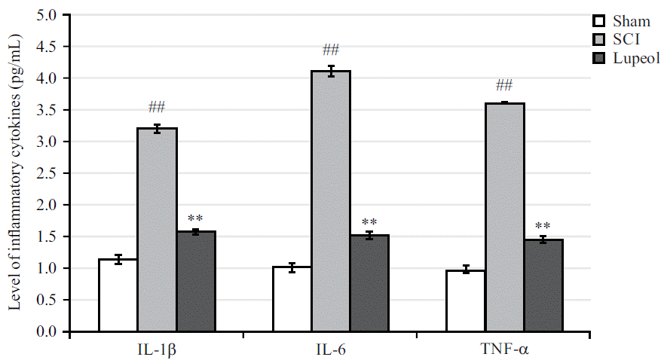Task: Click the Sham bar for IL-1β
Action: (x=118, y=295)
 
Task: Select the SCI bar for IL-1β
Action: (x=157, y=230)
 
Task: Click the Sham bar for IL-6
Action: (x=292, y=299)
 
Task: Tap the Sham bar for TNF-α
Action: (x=465, y=301)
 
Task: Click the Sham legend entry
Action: (x=623, y=20)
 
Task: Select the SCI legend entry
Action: (x=619, y=39)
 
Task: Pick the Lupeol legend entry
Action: (x=625, y=58)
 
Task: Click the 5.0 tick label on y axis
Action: (x=47, y=15)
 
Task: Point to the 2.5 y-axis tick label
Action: (x=47, y=173)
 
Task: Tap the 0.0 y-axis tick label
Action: (x=47, y=331)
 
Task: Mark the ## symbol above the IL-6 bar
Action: (x=331, y=50)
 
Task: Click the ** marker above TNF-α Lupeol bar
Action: (x=543, y=227)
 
